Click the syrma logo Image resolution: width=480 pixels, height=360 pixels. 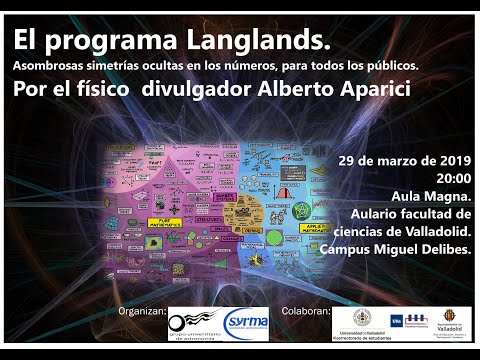coord(247,321)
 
